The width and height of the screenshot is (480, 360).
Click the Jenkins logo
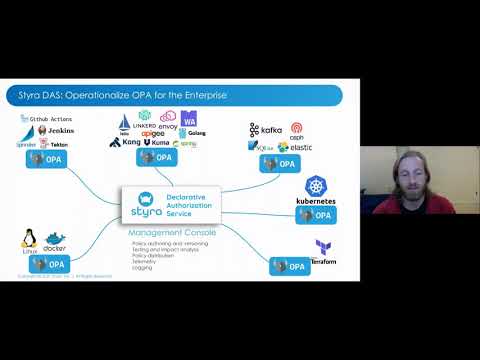coord(52,131)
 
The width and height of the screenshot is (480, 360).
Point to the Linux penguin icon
coord(29,239)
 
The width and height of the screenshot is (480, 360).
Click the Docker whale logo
coord(54,239)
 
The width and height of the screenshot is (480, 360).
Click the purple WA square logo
coord(189,121)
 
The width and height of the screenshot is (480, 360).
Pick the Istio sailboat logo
coord(126,123)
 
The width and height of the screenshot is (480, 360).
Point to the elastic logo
coord(297,147)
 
